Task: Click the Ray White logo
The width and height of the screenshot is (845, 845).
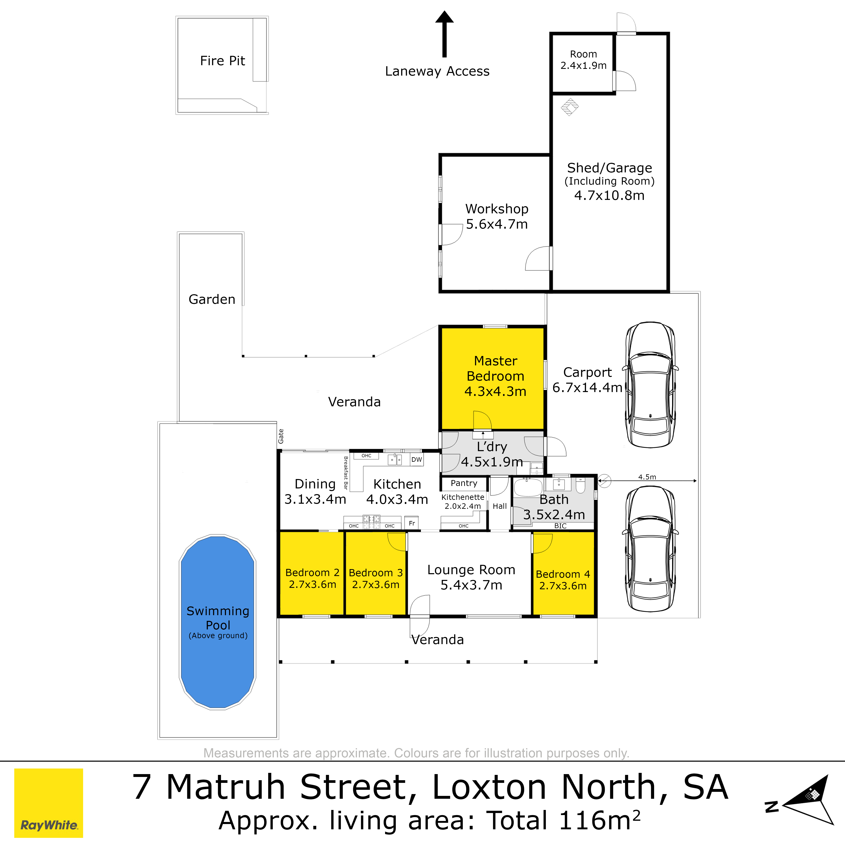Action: coord(48,803)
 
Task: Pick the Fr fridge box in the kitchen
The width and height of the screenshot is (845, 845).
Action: coord(412,523)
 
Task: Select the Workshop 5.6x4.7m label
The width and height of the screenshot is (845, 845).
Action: coord(497,217)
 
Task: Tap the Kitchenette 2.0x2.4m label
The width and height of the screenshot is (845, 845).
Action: coord(463,502)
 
